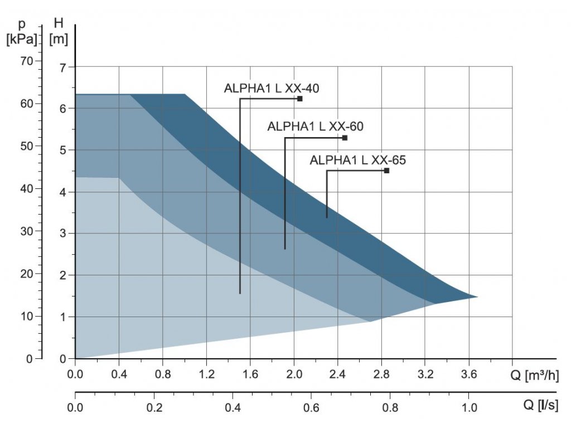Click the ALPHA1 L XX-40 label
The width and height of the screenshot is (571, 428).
point(272,88)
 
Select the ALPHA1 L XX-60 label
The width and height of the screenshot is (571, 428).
point(315,127)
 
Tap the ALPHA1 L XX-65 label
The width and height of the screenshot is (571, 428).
point(358,160)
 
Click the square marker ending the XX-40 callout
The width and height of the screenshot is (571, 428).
point(300,99)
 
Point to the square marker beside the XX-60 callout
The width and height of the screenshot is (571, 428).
point(345,138)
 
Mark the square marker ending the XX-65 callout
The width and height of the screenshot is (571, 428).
point(386,171)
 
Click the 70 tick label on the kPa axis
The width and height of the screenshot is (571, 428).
point(27,60)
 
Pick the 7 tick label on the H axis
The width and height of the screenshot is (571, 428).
point(62,67)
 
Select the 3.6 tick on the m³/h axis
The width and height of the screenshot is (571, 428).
point(469,374)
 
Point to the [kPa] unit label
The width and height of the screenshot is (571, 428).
point(22,40)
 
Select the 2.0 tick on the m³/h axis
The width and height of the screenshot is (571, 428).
point(294,374)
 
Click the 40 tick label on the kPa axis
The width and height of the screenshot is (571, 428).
point(27,188)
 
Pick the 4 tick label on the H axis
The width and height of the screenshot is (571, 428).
point(62,192)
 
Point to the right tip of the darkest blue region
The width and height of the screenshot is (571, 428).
point(477,296)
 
